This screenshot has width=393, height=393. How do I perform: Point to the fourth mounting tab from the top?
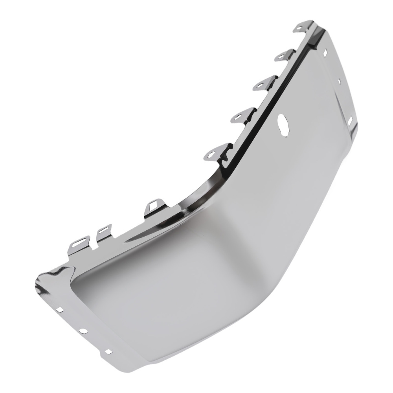pyautogui.click(x=241, y=114)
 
